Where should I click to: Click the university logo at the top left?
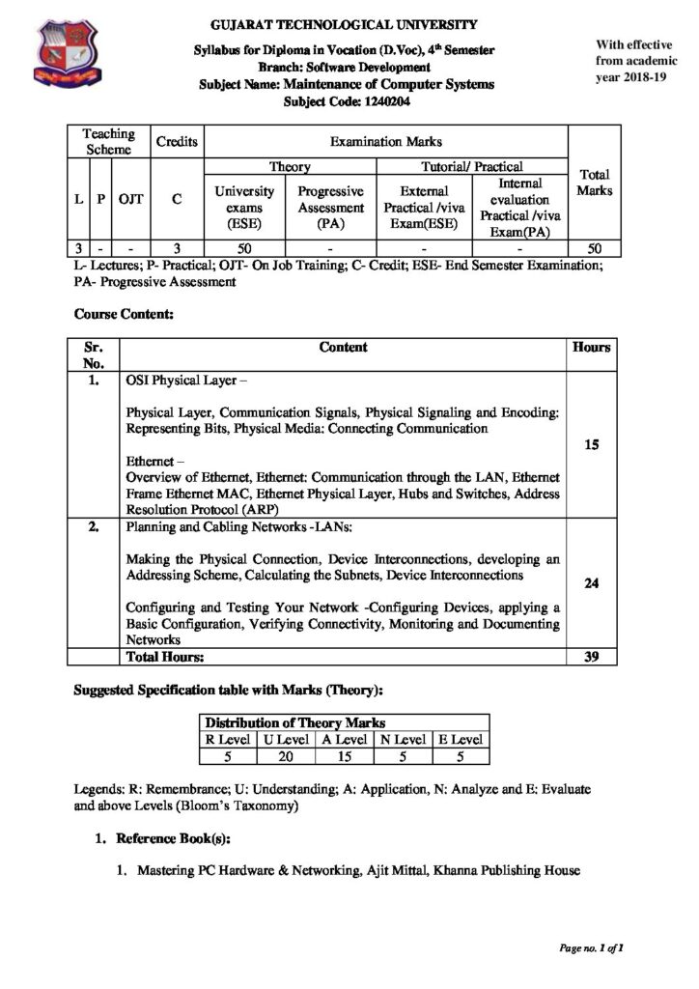pyautogui.click(x=67, y=54)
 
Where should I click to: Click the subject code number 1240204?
pyautogui.click(x=379, y=100)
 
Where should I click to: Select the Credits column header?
pyautogui.click(x=177, y=142)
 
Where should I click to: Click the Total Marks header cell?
pyautogui.click(x=594, y=183)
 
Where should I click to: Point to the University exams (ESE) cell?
pyautogui.click(x=244, y=208)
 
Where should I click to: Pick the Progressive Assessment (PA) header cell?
pyautogui.click(x=330, y=208)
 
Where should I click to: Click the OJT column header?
pyautogui.click(x=131, y=199)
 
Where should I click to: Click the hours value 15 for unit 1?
pyautogui.click(x=592, y=446)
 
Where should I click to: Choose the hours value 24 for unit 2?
pyautogui.click(x=592, y=583)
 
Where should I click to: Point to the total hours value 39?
pyautogui.click(x=592, y=658)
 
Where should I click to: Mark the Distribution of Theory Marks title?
pyautogui.click(x=295, y=722)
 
